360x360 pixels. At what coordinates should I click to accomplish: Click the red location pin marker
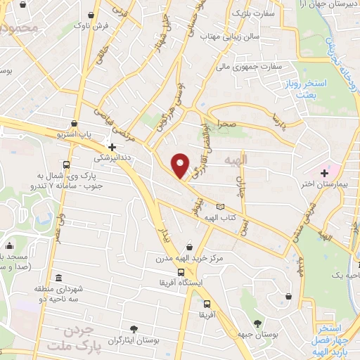181,165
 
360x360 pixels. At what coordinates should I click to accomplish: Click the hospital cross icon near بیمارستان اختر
325,173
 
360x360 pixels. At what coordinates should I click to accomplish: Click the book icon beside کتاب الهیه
221,207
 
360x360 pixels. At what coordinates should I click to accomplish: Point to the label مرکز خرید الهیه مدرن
188,259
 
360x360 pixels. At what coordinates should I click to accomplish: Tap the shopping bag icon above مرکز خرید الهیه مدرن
188,247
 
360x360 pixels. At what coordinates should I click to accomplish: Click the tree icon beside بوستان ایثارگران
134,328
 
